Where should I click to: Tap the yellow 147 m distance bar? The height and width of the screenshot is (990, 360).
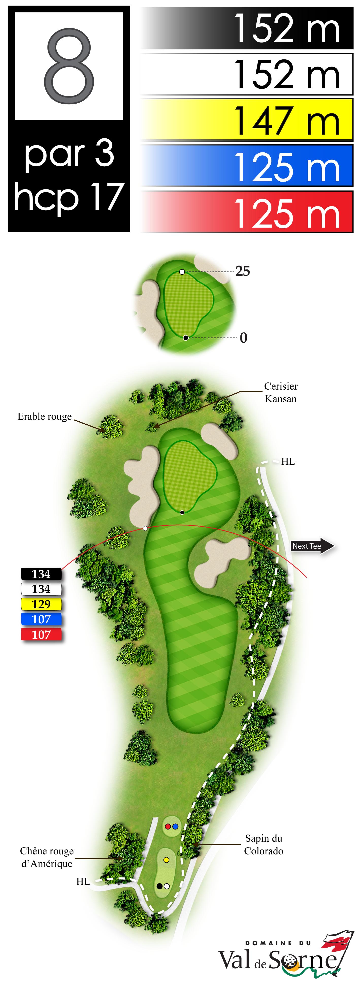click(x=247, y=120)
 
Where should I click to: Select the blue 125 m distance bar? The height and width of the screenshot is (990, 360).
click(x=247, y=166)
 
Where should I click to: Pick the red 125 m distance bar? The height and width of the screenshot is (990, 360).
click(x=247, y=212)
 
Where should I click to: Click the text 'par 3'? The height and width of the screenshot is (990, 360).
click(x=69, y=154)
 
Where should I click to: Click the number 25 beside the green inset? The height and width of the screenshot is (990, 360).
click(x=243, y=271)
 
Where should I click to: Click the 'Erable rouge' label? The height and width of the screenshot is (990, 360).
click(x=45, y=417)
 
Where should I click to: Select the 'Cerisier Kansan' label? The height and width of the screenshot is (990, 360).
click(x=281, y=392)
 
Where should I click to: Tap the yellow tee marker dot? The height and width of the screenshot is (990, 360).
click(x=166, y=860)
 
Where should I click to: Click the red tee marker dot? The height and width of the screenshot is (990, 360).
click(x=168, y=826)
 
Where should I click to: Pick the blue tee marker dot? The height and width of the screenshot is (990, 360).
click(x=175, y=826)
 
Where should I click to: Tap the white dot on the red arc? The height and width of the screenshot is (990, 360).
click(x=145, y=529)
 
